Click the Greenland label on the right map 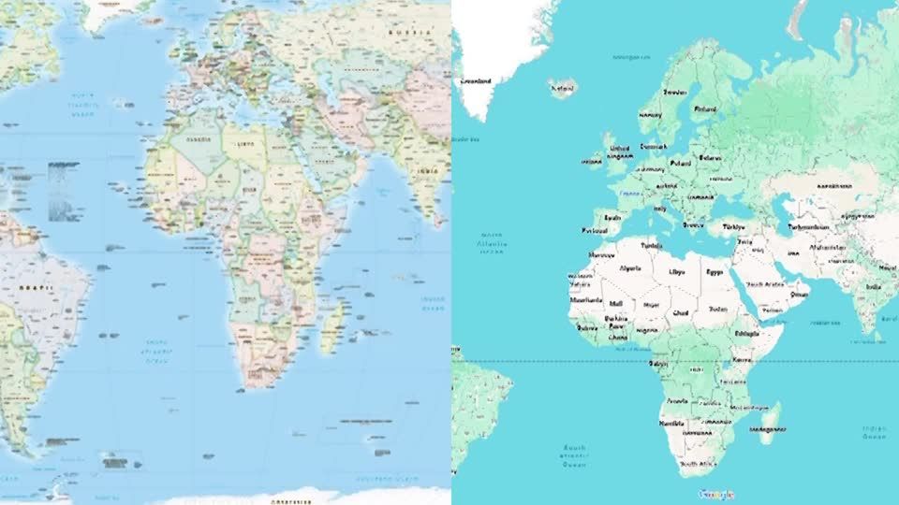(x=477, y=81)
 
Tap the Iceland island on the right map (x=564, y=90)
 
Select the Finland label (x=704, y=108)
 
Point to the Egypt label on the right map (x=715, y=272)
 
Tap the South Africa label (x=698, y=464)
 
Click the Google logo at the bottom (x=715, y=495)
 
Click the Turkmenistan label (x=808, y=227)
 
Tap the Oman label (x=799, y=293)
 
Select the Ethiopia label (x=747, y=333)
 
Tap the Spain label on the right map (x=613, y=217)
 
